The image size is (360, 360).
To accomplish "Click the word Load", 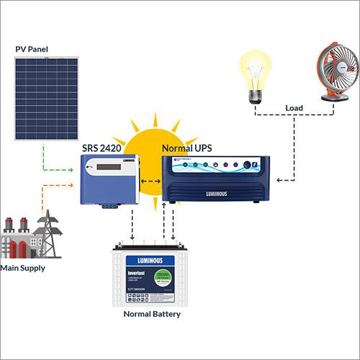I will tap(294, 109).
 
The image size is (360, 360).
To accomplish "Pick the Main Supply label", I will tap(22, 268).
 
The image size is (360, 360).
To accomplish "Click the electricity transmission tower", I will tap(50, 230).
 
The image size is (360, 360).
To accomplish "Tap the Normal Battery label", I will tap(151, 314).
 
